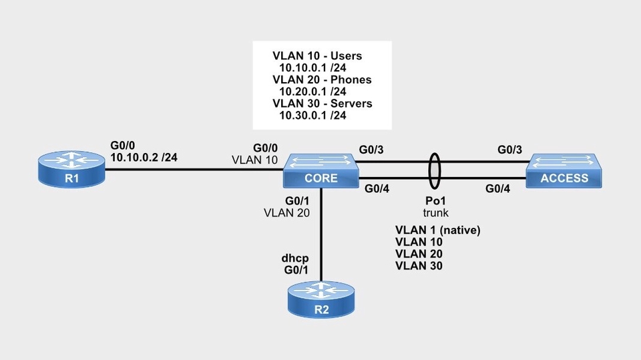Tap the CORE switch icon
320,172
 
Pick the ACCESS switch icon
565,172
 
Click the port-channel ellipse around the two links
435,172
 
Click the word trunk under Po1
435,213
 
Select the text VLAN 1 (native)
438,230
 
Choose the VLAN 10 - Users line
318,55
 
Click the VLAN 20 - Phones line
322,79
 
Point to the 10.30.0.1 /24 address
312,116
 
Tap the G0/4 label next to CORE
377,190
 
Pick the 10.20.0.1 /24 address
312,92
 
